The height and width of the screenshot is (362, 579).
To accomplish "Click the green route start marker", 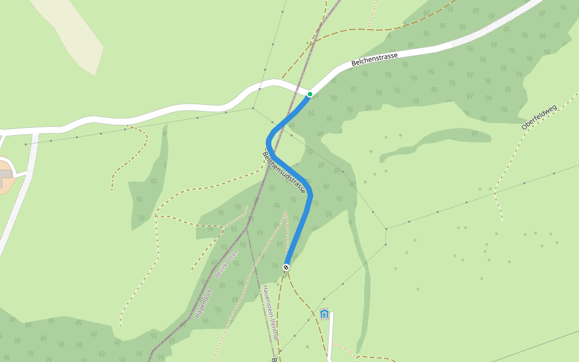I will pyautogui.click(x=310, y=94).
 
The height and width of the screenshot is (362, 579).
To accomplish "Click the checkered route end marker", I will pyautogui.click(x=286, y=267).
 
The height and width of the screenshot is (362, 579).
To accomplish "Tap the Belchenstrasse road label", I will pyautogui.click(x=375, y=59).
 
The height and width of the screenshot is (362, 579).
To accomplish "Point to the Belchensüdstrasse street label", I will pyautogui.click(x=284, y=173).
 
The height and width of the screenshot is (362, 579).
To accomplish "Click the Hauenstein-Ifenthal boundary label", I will pyautogui.click(x=270, y=313).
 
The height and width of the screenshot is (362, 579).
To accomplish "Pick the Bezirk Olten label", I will pyautogui.click(x=227, y=264).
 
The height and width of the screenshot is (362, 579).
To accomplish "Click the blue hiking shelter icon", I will pyautogui.click(x=324, y=314).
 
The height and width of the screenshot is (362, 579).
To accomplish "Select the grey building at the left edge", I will pyautogui.click(x=5, y=175).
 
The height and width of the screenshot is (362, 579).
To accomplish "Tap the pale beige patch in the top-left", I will pyautogui.click(x=72, y=33).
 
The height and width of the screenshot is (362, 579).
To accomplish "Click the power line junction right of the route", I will pyautogui.click(x=386, y=229).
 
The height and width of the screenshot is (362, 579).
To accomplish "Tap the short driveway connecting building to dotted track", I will pyautogui.click(x=22, y=174).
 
